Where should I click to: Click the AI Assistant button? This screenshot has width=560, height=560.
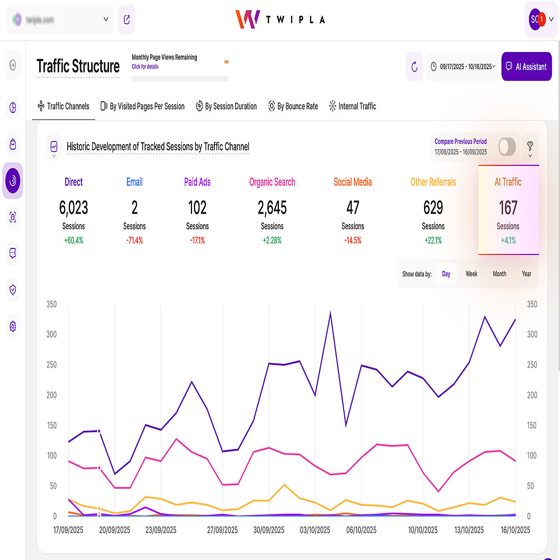[x=526, y=67]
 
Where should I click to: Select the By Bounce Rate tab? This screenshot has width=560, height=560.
[x=293, y=106]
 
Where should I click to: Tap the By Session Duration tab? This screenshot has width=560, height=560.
[x=227, y=106]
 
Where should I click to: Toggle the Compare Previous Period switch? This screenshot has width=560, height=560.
[x=507, y=147]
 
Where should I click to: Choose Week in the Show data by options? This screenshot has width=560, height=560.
[x=471, y=274]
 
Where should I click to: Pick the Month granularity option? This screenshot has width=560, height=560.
[x=499, y=274]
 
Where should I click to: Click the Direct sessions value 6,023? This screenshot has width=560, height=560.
[x=74, y=208]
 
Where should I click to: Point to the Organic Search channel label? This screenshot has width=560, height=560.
[x=272, y=182]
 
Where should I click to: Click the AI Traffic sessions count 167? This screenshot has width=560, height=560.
[x=508, y=208]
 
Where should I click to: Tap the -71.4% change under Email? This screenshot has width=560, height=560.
[x=134, y=240]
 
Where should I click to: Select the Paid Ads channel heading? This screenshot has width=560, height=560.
[x=198, y=182]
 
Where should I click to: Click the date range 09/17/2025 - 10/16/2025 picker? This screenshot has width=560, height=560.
[x=462, y=67]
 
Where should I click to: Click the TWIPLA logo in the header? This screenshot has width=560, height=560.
[x=280, y=19]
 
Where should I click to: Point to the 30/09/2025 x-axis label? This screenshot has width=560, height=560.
[x=269, y=530]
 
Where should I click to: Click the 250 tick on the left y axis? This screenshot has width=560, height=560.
[x=51, y=365]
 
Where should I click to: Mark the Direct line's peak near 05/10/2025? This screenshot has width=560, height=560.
[x=330, y=313]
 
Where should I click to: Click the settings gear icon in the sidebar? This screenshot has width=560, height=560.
[x=13, y=326]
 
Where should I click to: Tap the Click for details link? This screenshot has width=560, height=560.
[x=145, y=67]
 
